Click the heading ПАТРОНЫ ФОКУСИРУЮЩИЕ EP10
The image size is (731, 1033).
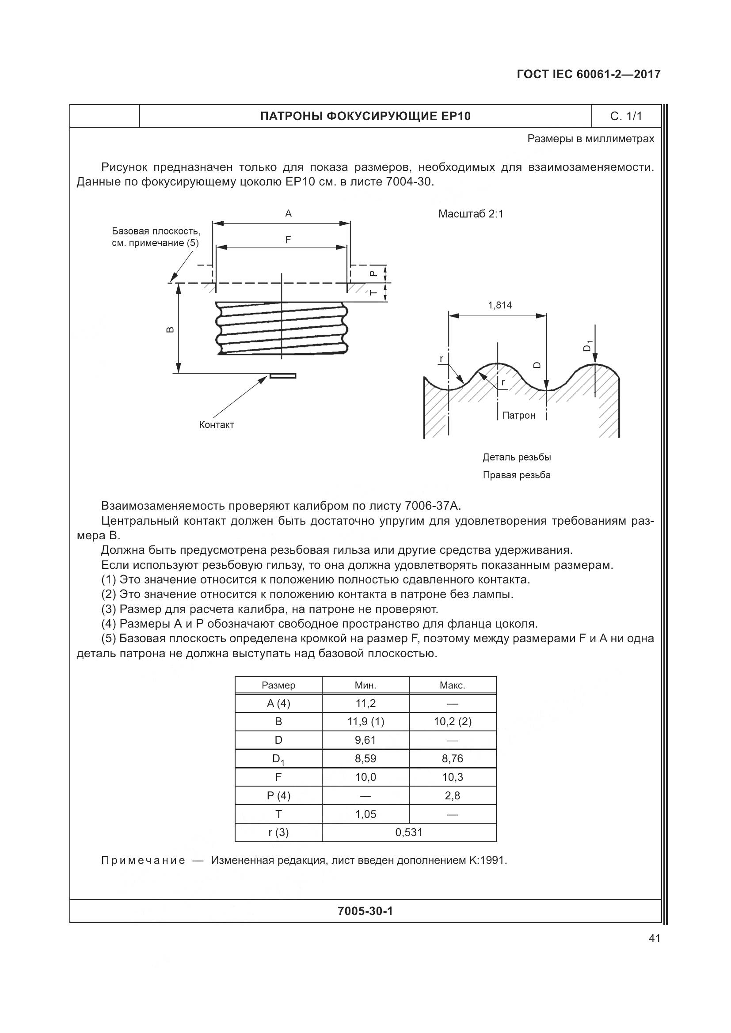[365, 117]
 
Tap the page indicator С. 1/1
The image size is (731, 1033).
[626, 117]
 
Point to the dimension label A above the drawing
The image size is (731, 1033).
[289, 214]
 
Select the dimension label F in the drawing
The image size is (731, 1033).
[288, 240]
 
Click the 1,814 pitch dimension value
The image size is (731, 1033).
[500, 306]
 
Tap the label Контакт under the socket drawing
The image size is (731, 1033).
[217, 425]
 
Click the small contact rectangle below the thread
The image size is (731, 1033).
[283, 376]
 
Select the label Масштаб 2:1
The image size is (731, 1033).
[471, 214]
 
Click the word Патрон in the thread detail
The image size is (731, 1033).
[518, 416]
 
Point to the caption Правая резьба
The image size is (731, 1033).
[516, 475]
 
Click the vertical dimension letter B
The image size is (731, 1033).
[170, 330]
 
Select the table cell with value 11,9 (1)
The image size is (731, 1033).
[365, 722]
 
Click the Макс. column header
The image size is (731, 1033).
[453, 685]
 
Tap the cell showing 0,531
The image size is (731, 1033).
[409, 832]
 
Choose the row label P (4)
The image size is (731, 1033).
[278, 795]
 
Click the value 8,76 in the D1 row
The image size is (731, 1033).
[453, 759]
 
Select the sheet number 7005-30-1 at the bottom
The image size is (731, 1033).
[365, 911]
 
